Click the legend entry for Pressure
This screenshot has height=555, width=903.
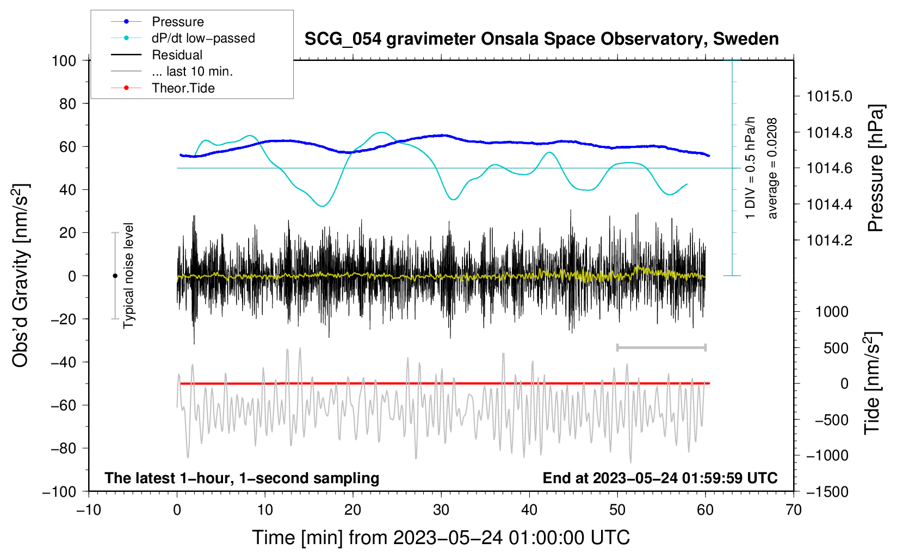point(157,21)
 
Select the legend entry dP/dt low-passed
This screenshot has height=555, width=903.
point(183,38)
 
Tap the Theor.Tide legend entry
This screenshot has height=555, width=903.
point(163,88)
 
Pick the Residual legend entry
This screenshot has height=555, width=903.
point(157,55)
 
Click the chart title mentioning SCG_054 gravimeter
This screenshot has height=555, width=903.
point(541,39)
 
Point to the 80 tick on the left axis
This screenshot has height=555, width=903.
point(67,104)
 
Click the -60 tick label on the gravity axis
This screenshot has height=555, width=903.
point(63,405)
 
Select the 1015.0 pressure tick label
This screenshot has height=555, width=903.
point(830,96)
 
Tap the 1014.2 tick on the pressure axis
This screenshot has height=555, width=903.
point(830,240)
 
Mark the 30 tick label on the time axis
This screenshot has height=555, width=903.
point(441,510)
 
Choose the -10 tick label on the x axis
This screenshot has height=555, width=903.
point(89,510)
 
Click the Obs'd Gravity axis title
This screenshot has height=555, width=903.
point(20,275)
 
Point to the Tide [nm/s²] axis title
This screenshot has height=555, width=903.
point(872,383)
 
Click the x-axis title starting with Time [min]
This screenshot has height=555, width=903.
point(441,538)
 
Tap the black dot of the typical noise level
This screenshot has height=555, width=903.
point(115,276)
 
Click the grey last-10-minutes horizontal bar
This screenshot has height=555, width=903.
point(661,347)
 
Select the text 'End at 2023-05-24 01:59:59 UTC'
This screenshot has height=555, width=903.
point(660,478)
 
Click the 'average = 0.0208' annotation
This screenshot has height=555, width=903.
point(772,169)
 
